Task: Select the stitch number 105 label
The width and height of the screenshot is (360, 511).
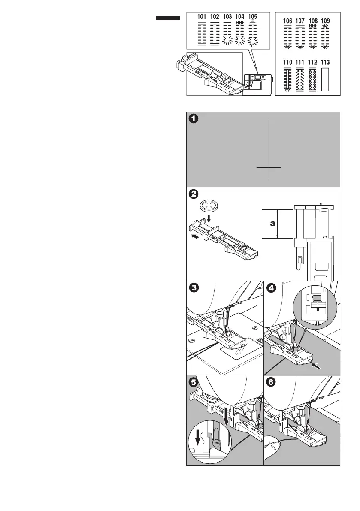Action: pos(253,17)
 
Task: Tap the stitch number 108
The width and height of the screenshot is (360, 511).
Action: pos(313,21)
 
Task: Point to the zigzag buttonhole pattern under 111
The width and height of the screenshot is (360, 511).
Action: pos(301,80)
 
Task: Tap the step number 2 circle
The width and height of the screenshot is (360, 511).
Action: pos(194,194)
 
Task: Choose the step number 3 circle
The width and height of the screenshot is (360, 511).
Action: pos(194,288)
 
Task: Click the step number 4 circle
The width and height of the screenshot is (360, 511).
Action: pos(271,288)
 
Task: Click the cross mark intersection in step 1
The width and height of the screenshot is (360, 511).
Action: pos(269,167)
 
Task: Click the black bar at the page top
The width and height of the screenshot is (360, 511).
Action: pos(168,18)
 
